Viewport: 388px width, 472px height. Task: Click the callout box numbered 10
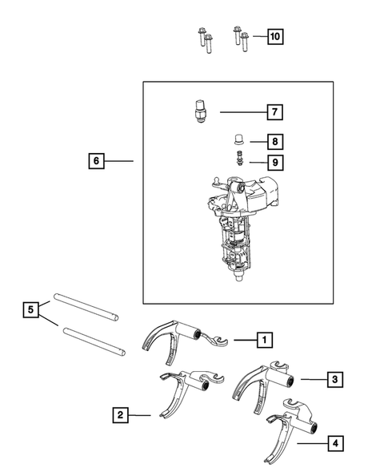click(275, 36)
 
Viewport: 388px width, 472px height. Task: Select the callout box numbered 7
click(274, 111)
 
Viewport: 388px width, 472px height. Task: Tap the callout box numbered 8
click(274, 142)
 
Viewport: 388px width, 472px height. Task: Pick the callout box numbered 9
click(274, 162)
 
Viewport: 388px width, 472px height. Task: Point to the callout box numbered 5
click(30, 309)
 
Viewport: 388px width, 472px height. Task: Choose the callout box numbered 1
click(262, 341)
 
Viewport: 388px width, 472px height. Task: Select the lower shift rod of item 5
click(92, 341)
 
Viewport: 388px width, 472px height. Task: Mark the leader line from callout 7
click(240, 111)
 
